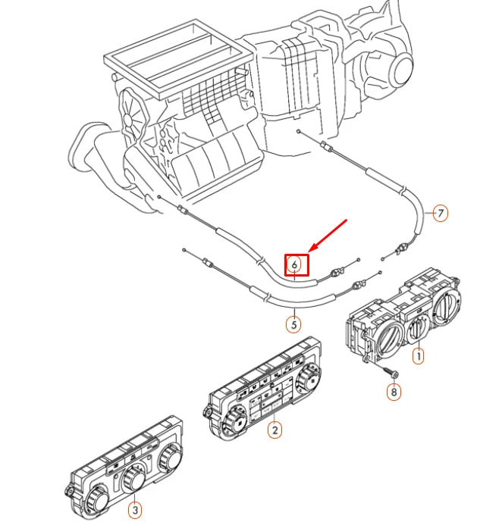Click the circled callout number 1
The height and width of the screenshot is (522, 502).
click(418, 354)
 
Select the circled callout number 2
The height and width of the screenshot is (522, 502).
click(275, 430)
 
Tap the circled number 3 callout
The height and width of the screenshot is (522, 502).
click(133, 508)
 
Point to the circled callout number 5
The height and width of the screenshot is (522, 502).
click(293, 324)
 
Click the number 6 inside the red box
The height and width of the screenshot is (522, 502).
click(296, 264)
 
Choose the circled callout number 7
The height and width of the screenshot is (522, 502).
click(440, 213)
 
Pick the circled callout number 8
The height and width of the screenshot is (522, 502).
click(393, 392)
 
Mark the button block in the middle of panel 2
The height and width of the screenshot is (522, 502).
click(270, 401)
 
